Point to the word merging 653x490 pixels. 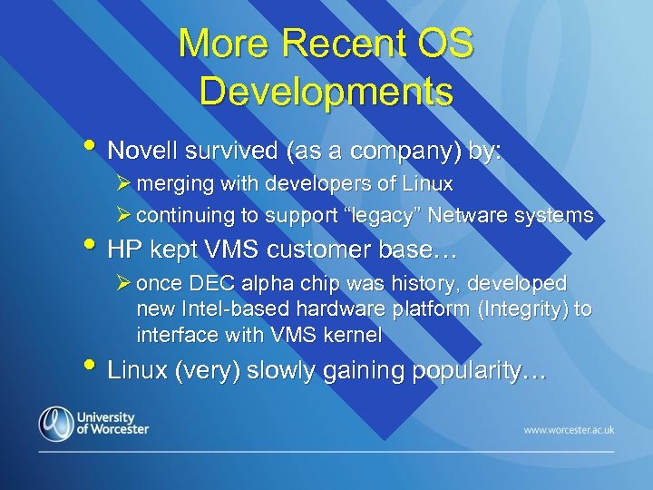(173, 184)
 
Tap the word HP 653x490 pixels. (126, 249)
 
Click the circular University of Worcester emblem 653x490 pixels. (55, 423)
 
